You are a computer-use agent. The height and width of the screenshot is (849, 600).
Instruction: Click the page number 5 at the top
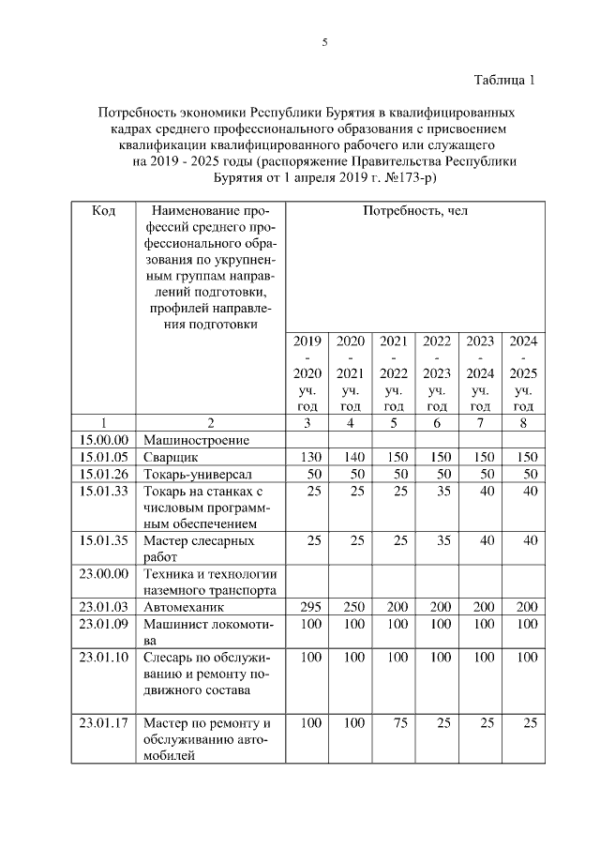coord(324,43)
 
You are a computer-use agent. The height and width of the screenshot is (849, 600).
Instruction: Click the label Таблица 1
coord(502,79)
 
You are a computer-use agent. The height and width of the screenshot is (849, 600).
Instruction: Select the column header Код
coord(103,211)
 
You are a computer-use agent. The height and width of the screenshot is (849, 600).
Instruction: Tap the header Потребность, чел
coord(414,211)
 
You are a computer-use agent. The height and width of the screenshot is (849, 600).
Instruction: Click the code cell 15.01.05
coord(103,456)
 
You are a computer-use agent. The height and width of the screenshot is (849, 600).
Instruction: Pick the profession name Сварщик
coord(170,456)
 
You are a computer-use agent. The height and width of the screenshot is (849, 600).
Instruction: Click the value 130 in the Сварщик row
coord(306,456)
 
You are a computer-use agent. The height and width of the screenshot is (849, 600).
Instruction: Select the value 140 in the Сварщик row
coord(350,456)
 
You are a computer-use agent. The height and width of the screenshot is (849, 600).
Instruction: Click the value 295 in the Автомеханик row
coord(306,607)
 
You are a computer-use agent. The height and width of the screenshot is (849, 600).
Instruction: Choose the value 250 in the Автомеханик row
coord(350,607)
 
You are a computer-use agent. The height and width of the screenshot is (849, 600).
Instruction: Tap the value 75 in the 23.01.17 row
coord(394,723)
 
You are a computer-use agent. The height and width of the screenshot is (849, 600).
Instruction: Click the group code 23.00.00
coord(103,573)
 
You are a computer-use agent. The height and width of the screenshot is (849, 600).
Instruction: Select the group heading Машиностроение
coord(195,439)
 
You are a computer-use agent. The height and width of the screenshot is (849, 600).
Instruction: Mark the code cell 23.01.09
coord(103,624)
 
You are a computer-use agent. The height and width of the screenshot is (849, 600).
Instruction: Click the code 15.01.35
coord(103,540)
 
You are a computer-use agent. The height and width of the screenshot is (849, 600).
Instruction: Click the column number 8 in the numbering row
coord(522,422)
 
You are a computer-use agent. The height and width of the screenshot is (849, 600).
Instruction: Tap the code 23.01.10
coord(103,658)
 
